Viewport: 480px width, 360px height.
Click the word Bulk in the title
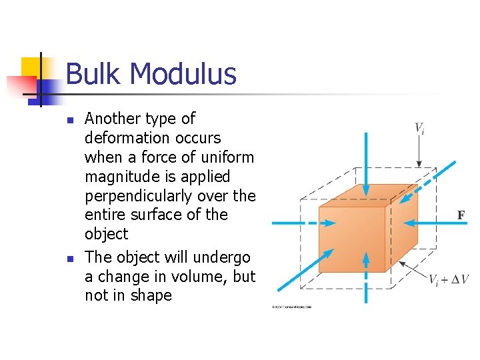(x=91, y=74)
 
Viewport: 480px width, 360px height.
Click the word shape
(x=150, y=295)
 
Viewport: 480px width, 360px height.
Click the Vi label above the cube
(x=419, y=128)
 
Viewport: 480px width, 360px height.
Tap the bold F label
(x=460, y=215)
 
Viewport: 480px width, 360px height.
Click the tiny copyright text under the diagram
(x=291, y=307)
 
